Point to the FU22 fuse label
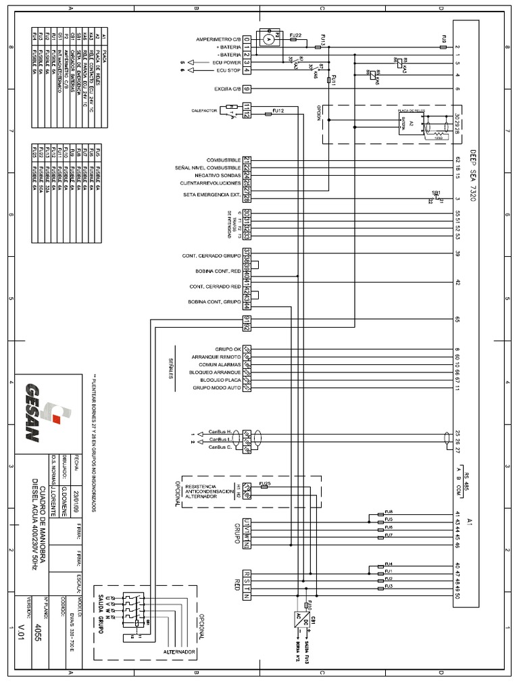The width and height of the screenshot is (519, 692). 295,34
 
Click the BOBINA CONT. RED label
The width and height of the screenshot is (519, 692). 218,272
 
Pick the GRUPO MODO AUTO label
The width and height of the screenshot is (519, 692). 217,389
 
